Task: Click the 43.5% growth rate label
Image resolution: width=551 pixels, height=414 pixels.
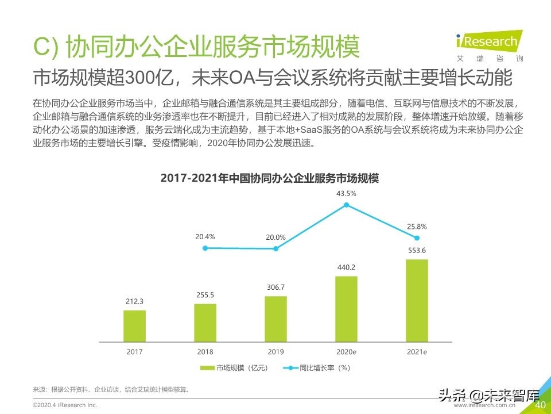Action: click(346, 194)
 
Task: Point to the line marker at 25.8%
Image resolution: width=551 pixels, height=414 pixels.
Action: click(417, 238)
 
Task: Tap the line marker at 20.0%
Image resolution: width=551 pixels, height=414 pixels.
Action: click(276, 249)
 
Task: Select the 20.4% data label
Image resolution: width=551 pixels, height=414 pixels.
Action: click(205, 236)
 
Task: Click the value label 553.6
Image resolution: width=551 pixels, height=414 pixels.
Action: click(417, 250)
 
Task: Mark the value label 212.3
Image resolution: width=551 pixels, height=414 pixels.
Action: click(134, 301)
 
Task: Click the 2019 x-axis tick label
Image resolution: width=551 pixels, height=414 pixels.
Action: click(275, 352)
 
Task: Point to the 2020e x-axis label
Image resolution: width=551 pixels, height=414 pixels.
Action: click(346, 352)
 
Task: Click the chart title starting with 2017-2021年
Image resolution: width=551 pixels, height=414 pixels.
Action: click(270, 178)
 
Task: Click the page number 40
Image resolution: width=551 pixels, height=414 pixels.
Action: click(540, 405)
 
